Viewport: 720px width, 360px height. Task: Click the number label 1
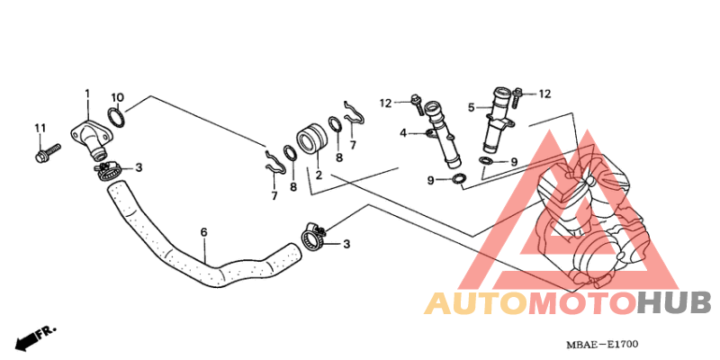click(x=87, y=94)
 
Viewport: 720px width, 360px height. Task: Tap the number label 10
click(x=118, y=97)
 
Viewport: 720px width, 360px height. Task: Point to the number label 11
click(x=40, y=128)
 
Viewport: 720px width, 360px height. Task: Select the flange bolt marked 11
click(x=48, y=153)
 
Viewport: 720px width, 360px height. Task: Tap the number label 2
click(x=319, y=175)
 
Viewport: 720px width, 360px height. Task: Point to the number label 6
click(x=204, y=232)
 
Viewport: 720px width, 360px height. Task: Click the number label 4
click(x=402, y=133)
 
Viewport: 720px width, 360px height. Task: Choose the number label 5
click(x=471, y=107)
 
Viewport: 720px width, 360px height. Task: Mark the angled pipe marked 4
click(x=443, y=136)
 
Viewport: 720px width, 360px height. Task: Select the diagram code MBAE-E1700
click(x=602, y=344)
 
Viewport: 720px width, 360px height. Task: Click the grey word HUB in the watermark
click(x=674, y=303)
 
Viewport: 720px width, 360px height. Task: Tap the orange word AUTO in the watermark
click(x=476, y=303)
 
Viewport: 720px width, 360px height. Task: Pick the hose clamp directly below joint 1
click(x=108, y=170)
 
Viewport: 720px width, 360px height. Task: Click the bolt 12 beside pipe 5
click(x=517, y=98)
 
